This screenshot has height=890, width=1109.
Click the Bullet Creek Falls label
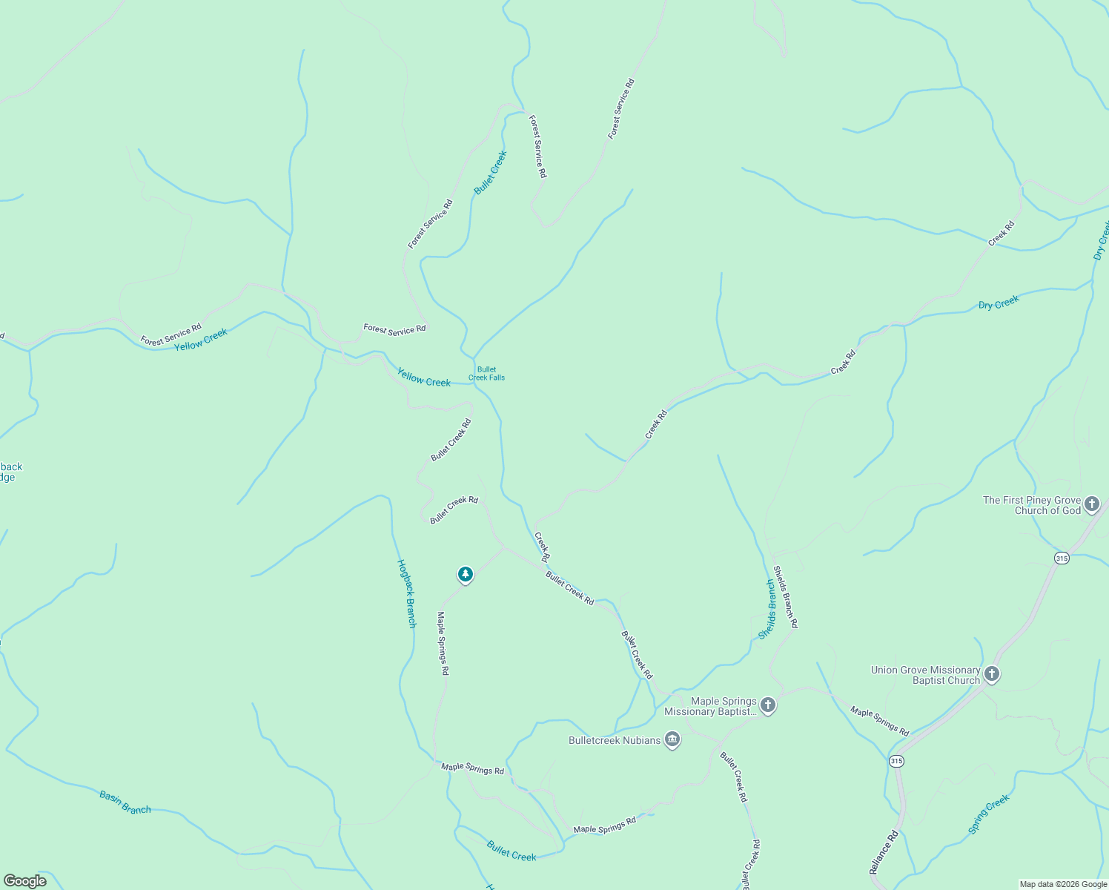486,374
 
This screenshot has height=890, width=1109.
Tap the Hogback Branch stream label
407,593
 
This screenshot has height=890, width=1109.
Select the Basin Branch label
125,802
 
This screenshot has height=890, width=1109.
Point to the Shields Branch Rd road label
785,597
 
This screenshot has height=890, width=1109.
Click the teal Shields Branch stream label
768,610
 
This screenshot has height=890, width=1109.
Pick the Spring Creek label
989,814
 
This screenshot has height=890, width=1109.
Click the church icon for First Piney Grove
1091,505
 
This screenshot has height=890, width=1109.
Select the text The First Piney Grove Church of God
1032,505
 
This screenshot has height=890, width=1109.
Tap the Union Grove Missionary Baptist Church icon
992,675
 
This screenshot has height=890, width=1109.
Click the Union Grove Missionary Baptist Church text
925,675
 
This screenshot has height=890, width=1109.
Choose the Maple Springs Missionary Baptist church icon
768,705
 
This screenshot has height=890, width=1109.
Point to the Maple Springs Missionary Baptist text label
710,706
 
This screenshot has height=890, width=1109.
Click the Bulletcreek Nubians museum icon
672,740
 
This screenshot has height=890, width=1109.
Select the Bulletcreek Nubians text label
615,740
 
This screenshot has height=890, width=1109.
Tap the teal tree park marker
465,575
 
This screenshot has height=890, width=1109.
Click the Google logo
24,881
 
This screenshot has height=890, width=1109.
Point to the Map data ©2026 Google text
1062,884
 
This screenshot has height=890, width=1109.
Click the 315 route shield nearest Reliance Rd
897,762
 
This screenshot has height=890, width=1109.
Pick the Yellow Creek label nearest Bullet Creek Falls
424,378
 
